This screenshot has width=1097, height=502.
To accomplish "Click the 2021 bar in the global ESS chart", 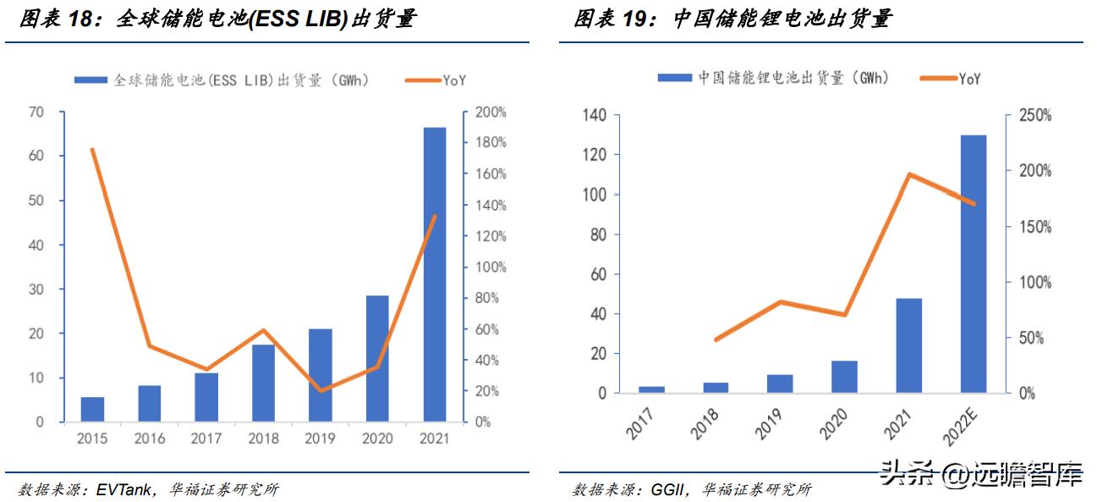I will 434,275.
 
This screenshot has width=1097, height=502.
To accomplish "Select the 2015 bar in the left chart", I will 92,409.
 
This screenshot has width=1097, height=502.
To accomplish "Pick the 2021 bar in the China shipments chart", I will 909,345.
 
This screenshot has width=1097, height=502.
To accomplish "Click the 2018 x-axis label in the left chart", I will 263,439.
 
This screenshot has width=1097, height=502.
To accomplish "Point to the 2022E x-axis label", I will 966,423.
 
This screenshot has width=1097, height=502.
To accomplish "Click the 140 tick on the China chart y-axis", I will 594,115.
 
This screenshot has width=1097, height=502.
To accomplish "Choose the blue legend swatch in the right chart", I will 674,78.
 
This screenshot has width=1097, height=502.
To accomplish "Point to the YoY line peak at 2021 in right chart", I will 909,174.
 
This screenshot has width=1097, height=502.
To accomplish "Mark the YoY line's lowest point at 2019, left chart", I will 320,391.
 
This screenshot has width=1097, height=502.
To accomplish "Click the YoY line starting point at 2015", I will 91,150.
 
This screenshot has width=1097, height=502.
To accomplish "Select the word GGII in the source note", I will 668,489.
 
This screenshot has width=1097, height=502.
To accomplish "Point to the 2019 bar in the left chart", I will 320,375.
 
